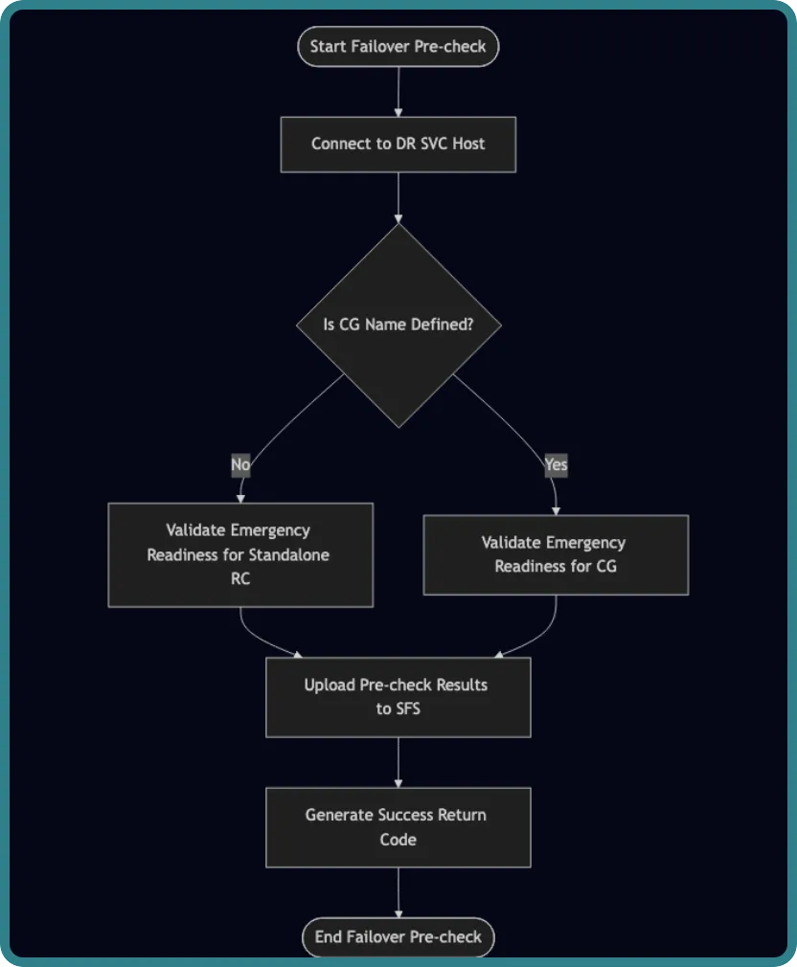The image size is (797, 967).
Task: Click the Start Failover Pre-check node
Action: (x=398, y=46)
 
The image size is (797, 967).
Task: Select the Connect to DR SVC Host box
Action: (x=398, y=145)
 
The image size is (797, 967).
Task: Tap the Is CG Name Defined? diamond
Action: (x=398, y=325)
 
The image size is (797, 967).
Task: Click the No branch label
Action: (x=240, y=464)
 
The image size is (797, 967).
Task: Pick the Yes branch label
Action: (x=556, y=464)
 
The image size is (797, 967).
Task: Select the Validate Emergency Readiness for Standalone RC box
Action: (x=240, y=555)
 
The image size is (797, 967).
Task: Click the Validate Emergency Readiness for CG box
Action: (x=556, y=555)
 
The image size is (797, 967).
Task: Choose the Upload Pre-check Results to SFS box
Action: (x=398, y=697)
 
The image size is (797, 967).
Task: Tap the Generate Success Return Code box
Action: (x=398, y=827)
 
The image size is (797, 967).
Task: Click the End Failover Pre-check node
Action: (x=398, y=937)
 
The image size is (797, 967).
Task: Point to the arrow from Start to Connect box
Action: (x=398, y=91)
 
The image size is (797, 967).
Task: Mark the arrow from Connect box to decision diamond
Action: (x=398, y=198)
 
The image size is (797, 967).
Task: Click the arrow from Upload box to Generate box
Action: (x=398, y=763)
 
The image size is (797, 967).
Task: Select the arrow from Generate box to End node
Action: (x=398, y=893)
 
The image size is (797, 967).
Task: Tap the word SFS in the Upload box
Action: (x=407, y=709)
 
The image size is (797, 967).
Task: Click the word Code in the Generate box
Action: (x=398, y=840)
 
